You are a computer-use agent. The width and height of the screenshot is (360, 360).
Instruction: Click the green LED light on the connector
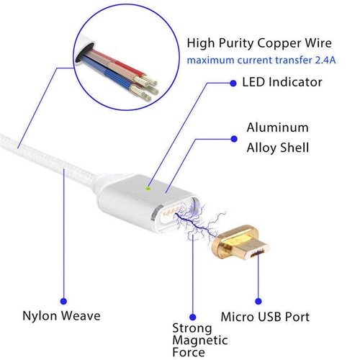click(x=148, y=189)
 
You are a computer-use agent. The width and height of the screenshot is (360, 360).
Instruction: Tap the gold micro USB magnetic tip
click(x=240, y=243)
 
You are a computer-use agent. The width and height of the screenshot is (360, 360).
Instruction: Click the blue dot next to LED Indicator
click(x=233, y=83)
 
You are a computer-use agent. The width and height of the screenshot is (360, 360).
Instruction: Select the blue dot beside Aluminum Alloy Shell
click(x=234, y=139)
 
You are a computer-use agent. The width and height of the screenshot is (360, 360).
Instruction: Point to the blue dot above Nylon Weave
click(x=63, y=301)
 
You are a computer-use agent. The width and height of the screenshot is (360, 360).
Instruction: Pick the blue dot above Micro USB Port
click(x=258, y=301)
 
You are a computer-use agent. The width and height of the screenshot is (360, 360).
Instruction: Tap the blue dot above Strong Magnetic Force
click(x=192, y=317)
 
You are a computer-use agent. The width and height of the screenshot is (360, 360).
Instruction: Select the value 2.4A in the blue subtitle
click(x=325, y=60)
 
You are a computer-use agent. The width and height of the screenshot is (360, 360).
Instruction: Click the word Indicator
click(x=295, y=82)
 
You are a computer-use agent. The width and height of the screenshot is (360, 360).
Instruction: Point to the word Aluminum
click(x=278, y=127)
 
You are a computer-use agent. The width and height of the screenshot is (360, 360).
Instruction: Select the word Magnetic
click(x=200, y=341)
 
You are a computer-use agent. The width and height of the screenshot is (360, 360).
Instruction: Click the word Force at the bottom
click(x=189, y=352)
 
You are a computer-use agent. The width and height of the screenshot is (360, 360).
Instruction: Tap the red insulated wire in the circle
click(x=117, y=63)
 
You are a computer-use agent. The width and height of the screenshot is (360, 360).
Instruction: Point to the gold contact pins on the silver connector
click(x=174, y=211)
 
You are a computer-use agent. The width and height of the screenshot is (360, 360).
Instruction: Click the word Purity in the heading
click(x=236, y=44)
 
